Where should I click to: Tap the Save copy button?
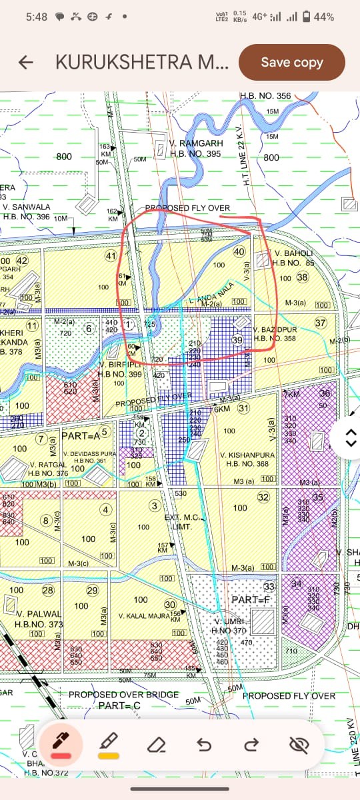click(291, 62)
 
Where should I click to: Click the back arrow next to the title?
click(26, 63)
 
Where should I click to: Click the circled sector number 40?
click(239, 252)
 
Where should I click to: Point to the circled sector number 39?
click(237, 340)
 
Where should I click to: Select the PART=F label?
click(249, 600)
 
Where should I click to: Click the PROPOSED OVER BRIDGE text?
click(124, 695)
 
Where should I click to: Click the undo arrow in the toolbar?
click(203, 744)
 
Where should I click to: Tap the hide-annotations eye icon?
click(299, 744)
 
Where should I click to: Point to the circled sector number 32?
click(263, 497)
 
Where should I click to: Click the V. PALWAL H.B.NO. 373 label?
click(39, 619)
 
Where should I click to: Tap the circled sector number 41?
click(111, 256)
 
